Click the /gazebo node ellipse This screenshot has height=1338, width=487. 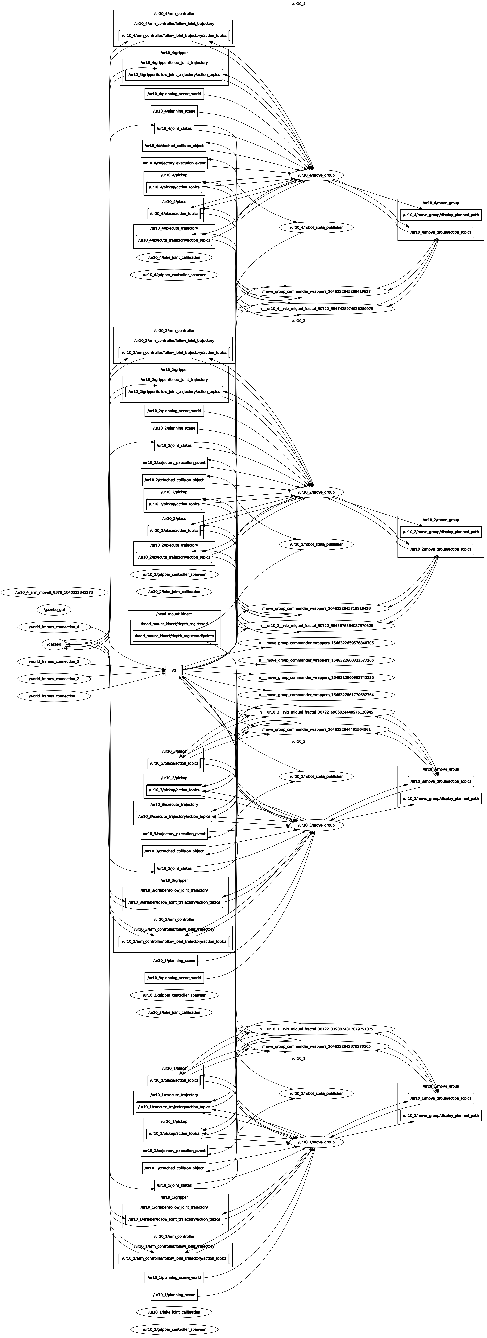click(54, 644)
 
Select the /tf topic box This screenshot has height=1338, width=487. click(174, 670)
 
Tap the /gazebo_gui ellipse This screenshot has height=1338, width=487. click(54, 609)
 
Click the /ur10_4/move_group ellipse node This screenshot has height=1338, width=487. click(316, 175)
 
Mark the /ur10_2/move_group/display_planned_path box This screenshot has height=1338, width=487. click(441, 532)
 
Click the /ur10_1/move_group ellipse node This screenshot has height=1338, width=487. click(316, 1142)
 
